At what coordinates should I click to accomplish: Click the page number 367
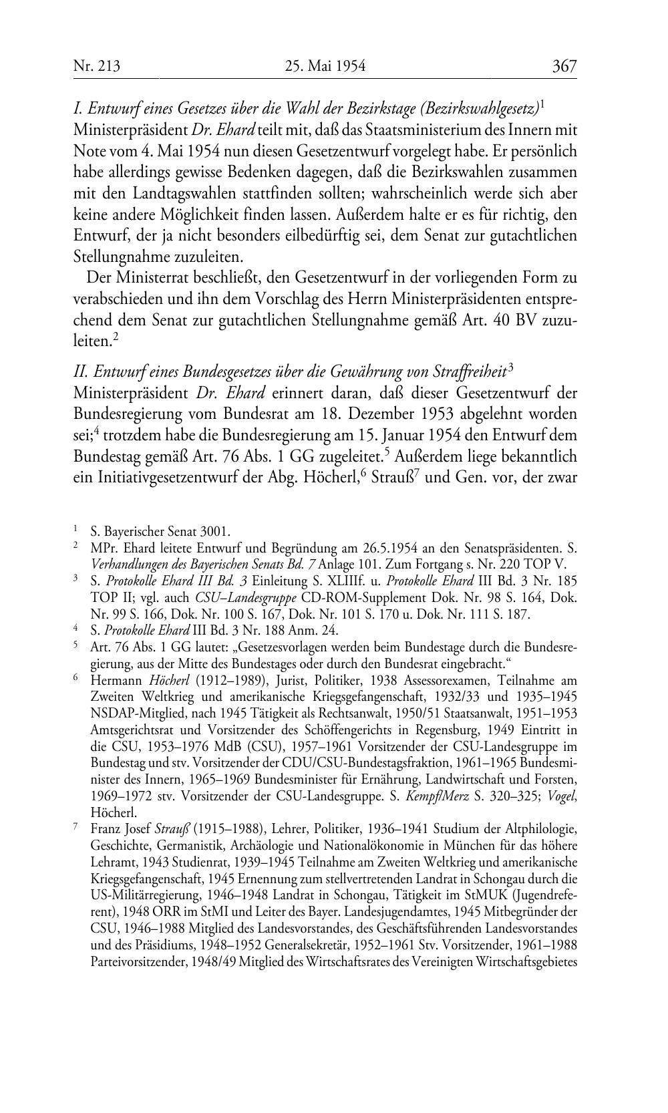(x=564, y=66)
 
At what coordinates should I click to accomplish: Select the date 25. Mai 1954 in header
(x=325, y=66)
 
